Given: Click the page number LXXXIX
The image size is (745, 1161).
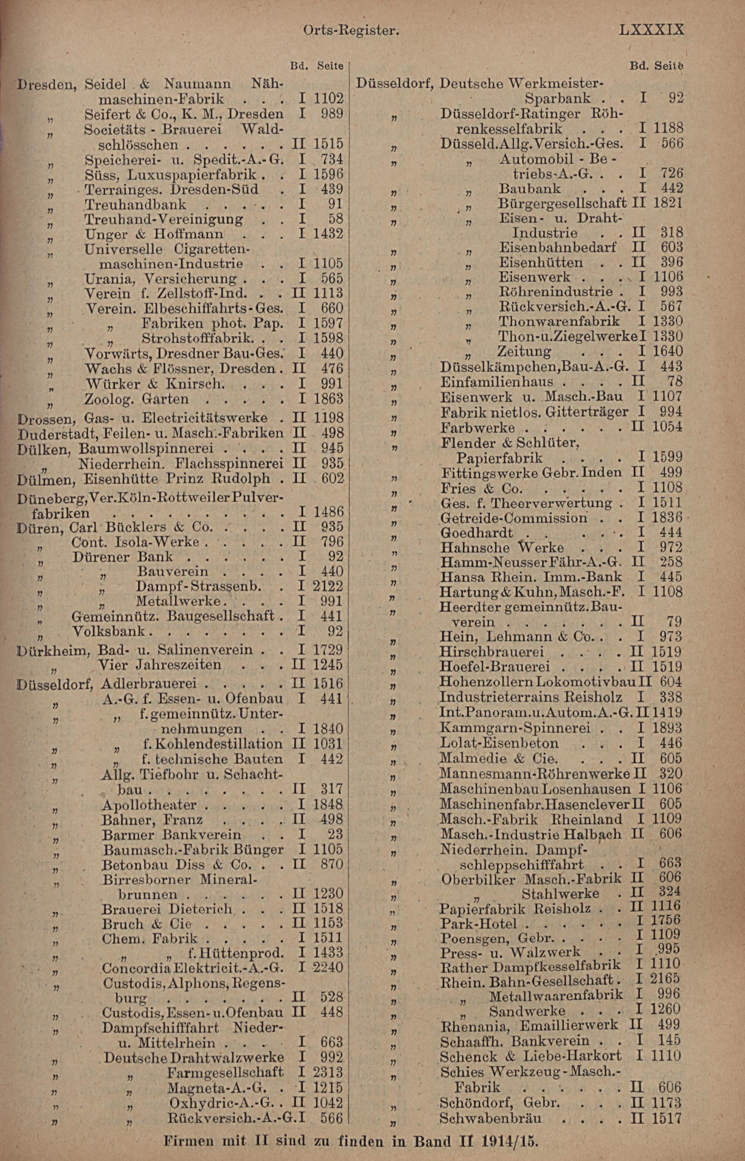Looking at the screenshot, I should click(651, 30).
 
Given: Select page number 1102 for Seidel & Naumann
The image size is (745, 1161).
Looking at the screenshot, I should click(329, 99).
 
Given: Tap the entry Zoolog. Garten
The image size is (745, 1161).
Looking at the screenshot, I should click(136, 399).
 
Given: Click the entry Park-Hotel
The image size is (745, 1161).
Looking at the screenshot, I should click(479, 923).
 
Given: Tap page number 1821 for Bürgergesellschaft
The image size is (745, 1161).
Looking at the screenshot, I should click(668, 203).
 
